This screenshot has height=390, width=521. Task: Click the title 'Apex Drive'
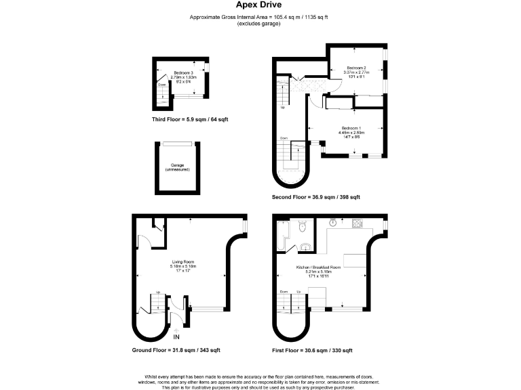click(260, 5)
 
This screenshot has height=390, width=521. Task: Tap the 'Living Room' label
click(182, 261)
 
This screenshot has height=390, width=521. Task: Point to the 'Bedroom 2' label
click(357, 68)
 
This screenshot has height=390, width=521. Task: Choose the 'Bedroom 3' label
click(183, 72)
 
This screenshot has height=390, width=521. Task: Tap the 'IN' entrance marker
click(176, 337)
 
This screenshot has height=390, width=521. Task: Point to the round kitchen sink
click(334, 221)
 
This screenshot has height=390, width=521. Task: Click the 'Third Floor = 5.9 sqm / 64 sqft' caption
click(190, 119)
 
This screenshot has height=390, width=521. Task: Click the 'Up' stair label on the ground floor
click(158, 293)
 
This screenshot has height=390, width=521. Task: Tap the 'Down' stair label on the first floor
click(283, 292)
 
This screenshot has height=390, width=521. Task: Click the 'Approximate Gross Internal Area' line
click(260, 17)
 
